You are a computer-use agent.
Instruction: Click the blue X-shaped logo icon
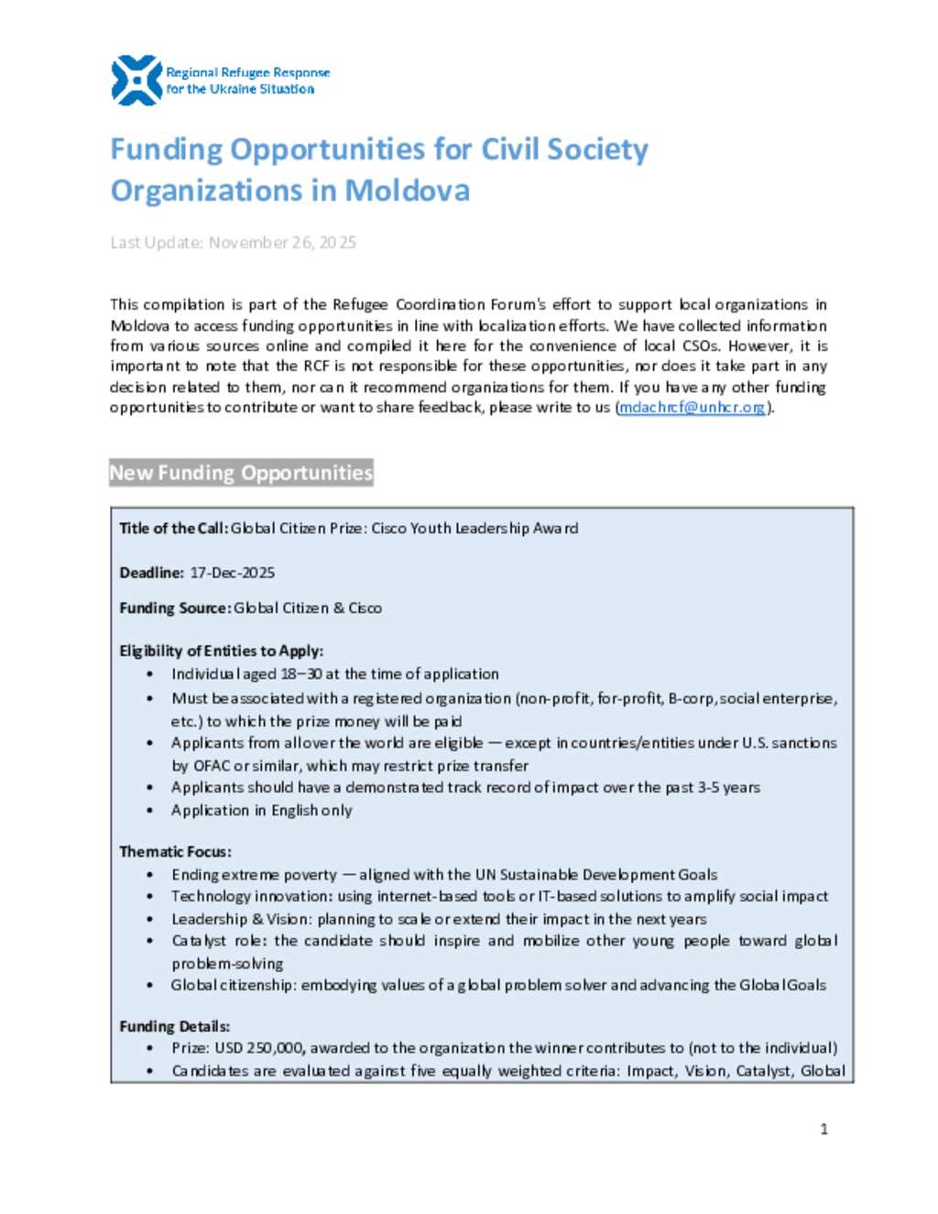[x=136, y=81]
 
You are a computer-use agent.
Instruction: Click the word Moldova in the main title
[x=407, y=191]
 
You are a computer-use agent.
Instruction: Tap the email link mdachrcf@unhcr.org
[x=692, y=408]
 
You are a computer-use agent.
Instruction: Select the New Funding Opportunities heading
[x=241, y=473]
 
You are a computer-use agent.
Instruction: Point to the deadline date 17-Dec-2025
[x=232, y=573]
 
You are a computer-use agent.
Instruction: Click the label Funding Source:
[x=174, y=608]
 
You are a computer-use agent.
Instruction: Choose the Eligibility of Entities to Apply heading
[x=221, y=651]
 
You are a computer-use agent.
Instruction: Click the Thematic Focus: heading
[x=175, y=852]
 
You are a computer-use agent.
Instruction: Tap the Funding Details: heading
[x=174, y=1027]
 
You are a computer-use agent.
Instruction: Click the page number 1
[x=823, y=1129]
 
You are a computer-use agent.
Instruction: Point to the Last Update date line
[x=233, y=243]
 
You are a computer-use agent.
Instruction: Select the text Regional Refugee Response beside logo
[x=247, y=72]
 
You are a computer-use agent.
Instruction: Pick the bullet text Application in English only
[x=261, y=811]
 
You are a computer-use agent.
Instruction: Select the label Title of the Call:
[x=173, y=529]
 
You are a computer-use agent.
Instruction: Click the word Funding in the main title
[x=166, y=149]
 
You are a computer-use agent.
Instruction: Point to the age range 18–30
[x=300, y=674]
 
